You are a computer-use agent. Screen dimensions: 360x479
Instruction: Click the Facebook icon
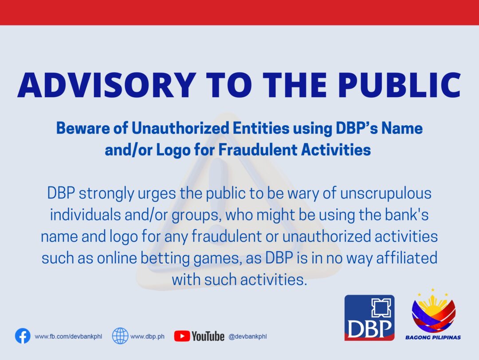[x=23, y=336]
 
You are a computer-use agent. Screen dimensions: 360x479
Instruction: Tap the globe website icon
[x=120, y=336]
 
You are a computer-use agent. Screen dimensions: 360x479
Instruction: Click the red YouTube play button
[x=182, y=336]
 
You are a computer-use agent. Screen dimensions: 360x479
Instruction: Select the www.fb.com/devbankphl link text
[x=68, y=336]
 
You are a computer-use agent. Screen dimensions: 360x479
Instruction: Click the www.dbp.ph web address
[x=147, y=336]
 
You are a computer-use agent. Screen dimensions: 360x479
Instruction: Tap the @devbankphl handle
[x=247, y=336]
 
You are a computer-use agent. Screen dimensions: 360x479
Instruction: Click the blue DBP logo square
[x=369, y=318]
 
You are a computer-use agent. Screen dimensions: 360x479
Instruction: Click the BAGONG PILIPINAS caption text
[x=433, y=337]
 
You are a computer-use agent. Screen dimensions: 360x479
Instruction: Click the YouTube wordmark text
[x=208, y=336]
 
